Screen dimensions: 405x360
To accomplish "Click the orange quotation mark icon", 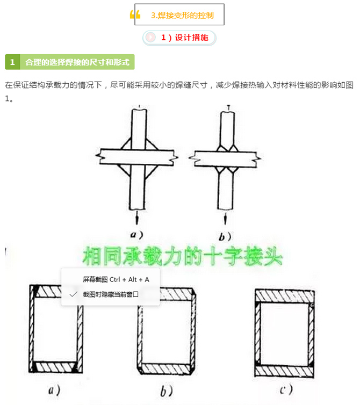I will click(135, 15).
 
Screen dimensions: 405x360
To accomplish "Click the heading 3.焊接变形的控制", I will click(182, 15).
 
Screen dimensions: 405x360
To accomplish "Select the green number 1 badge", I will click(12, 62).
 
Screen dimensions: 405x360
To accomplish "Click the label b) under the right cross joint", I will click(225, 236).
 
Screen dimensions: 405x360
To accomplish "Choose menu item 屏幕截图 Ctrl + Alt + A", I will click(116, 279).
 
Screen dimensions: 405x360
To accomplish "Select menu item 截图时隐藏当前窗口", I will click(115, 294).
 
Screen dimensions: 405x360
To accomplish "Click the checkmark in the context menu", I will click(74, 294).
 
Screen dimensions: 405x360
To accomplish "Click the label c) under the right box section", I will click(285, 389).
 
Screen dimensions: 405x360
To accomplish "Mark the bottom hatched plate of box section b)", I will click(165, 368).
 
